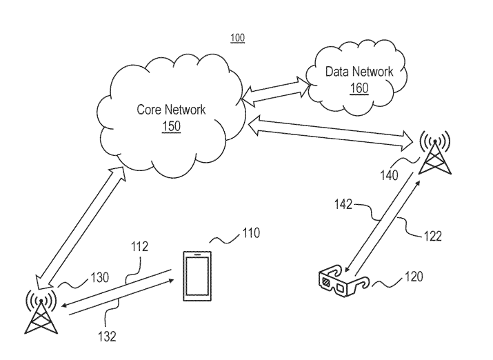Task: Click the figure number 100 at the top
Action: [237, 38]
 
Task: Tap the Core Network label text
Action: [170, 110]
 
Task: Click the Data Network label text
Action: [359, 72]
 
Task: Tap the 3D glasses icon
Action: [343, 283]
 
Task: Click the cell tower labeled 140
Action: [434, 153]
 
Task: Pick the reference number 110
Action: [250, 233]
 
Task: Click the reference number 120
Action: [414, 277]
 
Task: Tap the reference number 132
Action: [106, 337]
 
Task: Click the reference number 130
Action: [99, 278]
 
